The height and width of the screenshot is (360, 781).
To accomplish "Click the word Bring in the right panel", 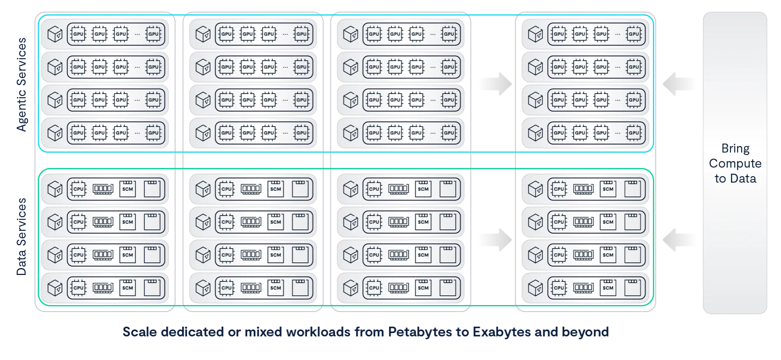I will click(x=735, y=148).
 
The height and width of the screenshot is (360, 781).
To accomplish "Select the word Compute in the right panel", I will click(x=735, y=164).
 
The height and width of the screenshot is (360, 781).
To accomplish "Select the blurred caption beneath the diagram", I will click(x=366, y=332).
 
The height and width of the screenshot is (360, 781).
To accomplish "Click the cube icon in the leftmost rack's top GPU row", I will click(x=55, y=34).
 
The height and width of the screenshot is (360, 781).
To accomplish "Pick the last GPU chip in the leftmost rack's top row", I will click(x=153, y=34).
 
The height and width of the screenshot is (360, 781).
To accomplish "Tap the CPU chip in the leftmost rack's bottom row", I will click(x=78, y=288).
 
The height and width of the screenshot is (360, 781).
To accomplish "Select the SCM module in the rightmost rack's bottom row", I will click(x=608, y=288).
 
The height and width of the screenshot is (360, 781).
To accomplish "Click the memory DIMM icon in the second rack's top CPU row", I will click(x=251, y=189).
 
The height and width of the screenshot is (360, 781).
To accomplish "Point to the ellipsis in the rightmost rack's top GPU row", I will click(x=617, y=34).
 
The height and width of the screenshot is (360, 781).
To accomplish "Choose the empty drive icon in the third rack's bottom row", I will click(x=447, y=288).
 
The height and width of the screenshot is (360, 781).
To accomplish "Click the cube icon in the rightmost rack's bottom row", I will click(x=535, y=288).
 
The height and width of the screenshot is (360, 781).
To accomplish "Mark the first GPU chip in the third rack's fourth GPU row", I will click(x=374, y=133).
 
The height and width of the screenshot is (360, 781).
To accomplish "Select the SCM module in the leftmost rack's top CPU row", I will click(x=127, y=189).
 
